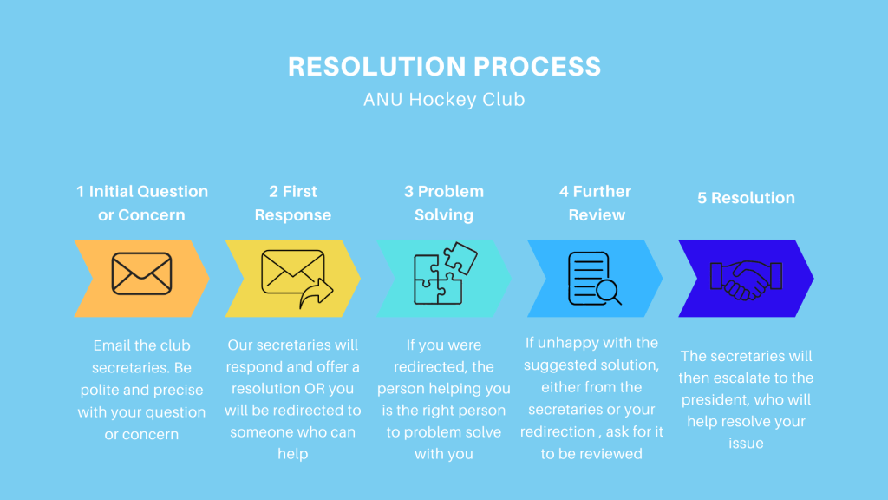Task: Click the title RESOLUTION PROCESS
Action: click(444, 66)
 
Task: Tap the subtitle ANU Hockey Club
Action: click(444, 99)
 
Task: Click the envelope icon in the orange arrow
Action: click(141, 273)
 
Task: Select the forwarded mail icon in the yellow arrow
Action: click(297, 279)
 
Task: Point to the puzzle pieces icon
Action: click(445, 273)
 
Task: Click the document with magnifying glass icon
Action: click(594, 279)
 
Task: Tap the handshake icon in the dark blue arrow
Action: click(746, 280)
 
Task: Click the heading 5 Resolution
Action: click(746, 198)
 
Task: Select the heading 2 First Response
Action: click(293, 203)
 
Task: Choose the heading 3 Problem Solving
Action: click(444, 203)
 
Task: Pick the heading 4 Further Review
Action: click(595, 203)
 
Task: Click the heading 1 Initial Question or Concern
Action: click(141, 203)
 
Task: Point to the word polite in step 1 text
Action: click(100, 390)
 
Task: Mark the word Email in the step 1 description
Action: click(109, 345)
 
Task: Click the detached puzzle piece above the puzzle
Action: click(460, 258)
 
